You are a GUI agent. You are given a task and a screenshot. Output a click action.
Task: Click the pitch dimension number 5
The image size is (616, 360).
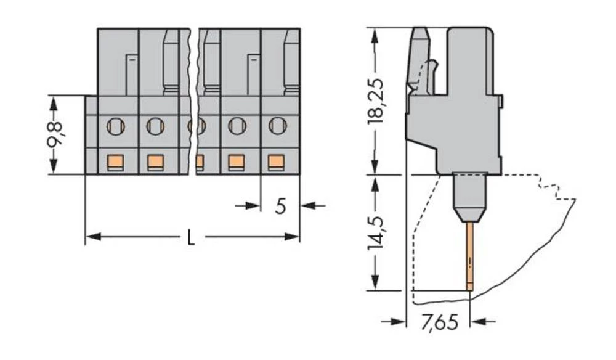[x=280, y=207]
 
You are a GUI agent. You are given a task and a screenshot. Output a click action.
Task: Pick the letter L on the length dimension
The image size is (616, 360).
[x=191, y=238]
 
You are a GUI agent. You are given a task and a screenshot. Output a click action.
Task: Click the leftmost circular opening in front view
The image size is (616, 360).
[x=115, y=127]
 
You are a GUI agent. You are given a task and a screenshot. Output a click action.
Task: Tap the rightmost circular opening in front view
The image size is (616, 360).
[x=278, y=126]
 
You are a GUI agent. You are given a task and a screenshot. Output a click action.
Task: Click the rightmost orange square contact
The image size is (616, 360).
[x=277, y=162]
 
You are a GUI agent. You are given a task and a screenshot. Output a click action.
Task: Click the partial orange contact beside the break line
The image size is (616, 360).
[x=200, y=163]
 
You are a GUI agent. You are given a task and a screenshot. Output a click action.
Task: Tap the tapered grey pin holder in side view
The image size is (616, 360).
[x=469, y=197]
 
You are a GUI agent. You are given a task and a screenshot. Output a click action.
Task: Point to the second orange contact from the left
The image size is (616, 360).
[x=155, y=162]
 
